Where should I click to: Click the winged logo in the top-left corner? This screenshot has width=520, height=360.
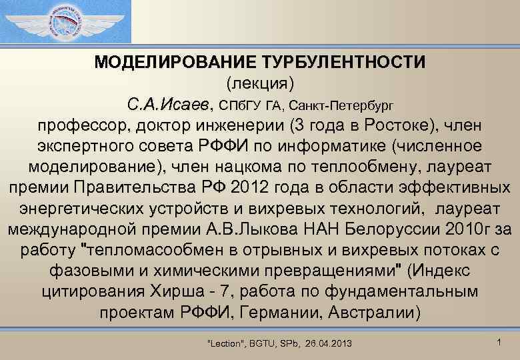pyautogui.click(x=65, y=22)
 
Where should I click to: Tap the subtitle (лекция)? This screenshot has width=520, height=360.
pyautogui.click(x=260, y=84)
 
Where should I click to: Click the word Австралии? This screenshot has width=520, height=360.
pyautogui.click(x=377, y=313)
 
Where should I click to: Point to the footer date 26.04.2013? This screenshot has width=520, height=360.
pyautogui.click(x=329, y=343)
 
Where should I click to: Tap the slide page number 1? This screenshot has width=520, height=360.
pyautogui.click(x=499, y=341)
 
